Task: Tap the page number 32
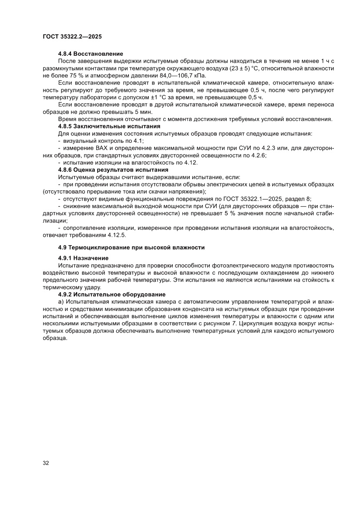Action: pyautogui.click(x=46, y=463)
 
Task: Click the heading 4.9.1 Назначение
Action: pyautogui.click(x=84, y=258)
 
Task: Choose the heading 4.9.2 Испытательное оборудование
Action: pyautogui.click(x=112, y=294)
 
